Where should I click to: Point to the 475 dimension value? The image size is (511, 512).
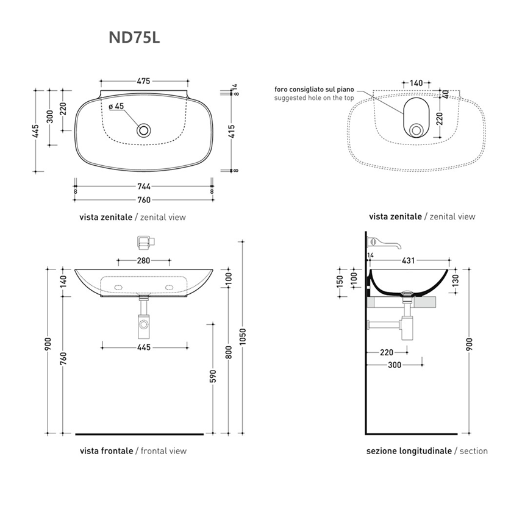click(x=144, y=81)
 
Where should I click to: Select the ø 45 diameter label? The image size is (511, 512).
click(x=116, y=106)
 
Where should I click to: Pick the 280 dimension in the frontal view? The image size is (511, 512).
click(x=144, y=261)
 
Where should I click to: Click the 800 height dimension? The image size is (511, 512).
click(x=229, y=351)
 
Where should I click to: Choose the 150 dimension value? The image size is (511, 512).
click(x=340, y=282)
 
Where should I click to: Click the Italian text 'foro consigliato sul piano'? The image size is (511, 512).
click(x=313, y=89)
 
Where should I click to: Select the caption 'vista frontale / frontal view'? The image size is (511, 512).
click(x=133, y=451)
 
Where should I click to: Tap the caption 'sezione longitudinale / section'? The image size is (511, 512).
click(x=427, y=451)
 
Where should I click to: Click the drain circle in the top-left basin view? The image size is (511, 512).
click(x=144, y=129)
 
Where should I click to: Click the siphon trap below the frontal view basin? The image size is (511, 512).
click(x=144, y=322)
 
